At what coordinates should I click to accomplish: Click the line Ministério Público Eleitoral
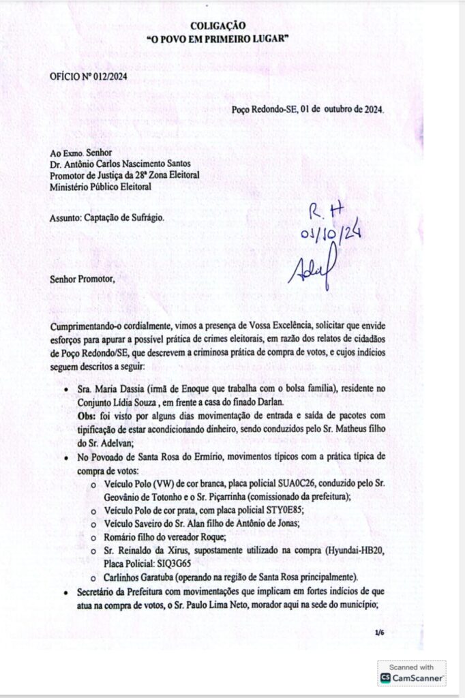click(x=101, y=186)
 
